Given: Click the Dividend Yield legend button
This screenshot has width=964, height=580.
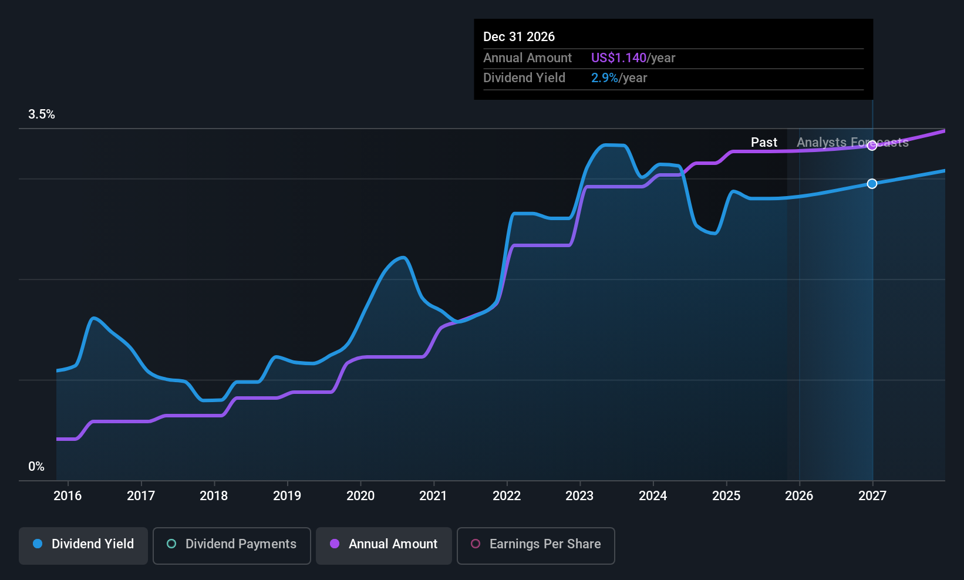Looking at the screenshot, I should (x=83, y=544).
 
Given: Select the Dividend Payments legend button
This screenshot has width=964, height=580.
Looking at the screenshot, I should (x=231, y=544).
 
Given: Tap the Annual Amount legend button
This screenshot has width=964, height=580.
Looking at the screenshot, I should (x=384, y=544).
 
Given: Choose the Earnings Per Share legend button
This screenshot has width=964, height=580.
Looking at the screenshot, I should (x=535, y=544).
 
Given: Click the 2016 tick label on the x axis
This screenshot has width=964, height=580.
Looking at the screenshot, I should (x=68, y=496).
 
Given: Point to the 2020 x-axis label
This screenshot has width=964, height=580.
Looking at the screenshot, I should (x=360, y=496).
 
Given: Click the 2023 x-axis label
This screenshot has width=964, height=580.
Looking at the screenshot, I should (x=579, y=496).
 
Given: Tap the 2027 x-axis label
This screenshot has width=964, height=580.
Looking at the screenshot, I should (x=872, y=496).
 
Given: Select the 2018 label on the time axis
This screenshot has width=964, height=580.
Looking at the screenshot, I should (x=214, y=496).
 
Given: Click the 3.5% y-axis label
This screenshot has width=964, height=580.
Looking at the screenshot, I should (x=42, y=114).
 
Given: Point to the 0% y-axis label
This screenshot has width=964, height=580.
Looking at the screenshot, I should (x=36, y=467).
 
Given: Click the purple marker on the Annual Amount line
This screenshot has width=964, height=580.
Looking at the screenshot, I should (x=872, y=146).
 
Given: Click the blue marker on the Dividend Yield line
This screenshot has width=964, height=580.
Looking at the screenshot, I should (x=872, y=184).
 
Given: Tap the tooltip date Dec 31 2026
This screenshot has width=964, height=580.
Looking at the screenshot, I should (x=519, y=37).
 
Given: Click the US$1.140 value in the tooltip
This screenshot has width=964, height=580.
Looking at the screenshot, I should (x=618, y=58).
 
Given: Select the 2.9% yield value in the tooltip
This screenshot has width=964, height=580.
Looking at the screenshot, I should (x=604, y=78).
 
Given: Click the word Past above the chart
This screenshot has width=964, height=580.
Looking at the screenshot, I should (x=764, y=143).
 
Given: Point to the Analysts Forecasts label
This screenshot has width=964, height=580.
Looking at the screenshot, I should (x=852, y=143).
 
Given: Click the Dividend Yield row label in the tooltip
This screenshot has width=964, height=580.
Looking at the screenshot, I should (x=524, y=78).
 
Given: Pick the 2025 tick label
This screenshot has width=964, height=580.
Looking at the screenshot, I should (x=726, y=496).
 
